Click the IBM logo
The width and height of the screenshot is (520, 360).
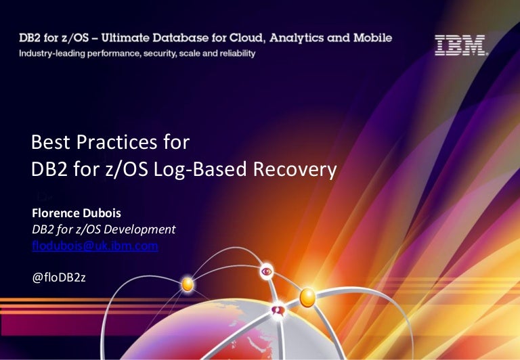[460, 45]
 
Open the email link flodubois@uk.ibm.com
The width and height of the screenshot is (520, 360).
[95, 246]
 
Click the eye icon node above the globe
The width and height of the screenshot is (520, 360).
[267, 272]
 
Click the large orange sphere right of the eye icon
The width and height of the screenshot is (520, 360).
[307, 296]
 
